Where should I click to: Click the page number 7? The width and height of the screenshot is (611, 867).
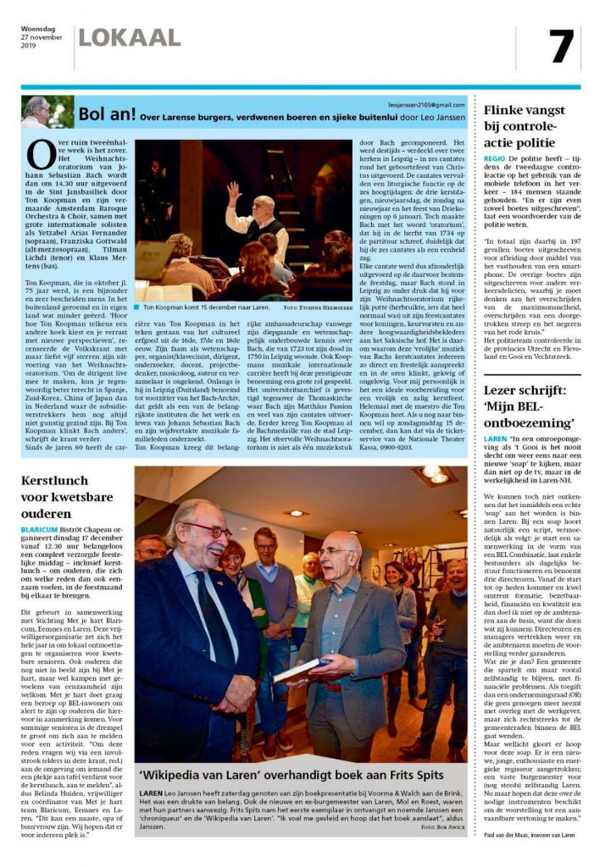560,47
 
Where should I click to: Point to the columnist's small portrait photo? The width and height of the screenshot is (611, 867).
36,111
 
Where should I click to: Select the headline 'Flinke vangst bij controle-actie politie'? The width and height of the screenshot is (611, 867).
524,125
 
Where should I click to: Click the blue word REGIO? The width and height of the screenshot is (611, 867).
494,158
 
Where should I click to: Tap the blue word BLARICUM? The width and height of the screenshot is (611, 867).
40,529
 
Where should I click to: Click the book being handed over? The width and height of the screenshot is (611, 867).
303,669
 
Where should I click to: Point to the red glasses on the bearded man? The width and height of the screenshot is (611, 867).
208,533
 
